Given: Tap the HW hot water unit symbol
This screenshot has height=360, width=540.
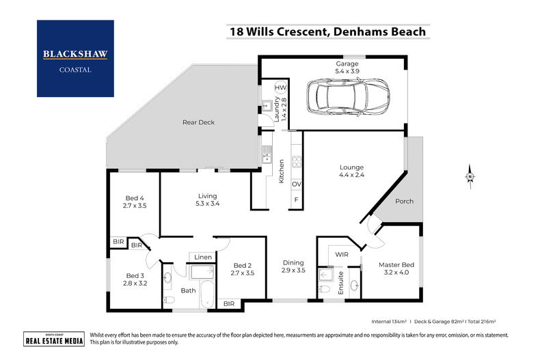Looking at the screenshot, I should point(280,88).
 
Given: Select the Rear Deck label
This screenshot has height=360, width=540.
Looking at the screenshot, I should point(198,123).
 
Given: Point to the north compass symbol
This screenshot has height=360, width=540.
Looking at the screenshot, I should point(470,177).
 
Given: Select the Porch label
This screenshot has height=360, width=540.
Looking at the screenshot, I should point(404,202).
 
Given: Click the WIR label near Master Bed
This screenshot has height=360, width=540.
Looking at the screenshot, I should point(342,255).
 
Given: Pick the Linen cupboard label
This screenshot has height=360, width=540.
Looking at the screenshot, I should point(203,257).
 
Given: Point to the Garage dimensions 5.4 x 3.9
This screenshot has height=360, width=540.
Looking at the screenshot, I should point(347,72).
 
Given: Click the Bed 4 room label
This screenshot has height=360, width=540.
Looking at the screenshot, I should point(135,197).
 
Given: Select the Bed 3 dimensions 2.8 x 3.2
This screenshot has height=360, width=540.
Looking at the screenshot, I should point(135,283).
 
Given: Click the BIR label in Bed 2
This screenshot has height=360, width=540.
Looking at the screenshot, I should point(228,303).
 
